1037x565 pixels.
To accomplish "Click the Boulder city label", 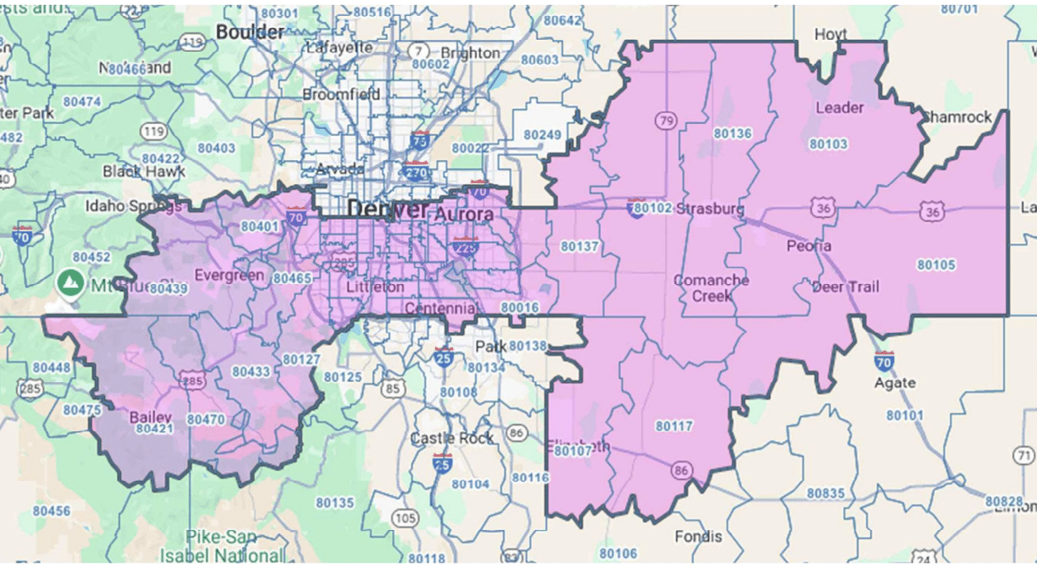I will pos(250,32).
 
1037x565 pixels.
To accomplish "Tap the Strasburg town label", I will pos(710,209).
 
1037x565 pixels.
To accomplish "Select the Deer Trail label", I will pos(845,286).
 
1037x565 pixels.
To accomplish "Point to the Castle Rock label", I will pos(452,438).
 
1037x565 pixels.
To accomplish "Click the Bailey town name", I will pos(150,417).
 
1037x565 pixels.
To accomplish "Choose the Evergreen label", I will pos(229,275).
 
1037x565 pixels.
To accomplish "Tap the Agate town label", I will pos(895,383).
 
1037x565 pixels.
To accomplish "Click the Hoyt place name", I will pos(831,35).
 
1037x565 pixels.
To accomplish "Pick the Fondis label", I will pos(697,536).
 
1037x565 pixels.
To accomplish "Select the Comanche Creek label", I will pos(711,287).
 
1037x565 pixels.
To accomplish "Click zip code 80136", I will pos(732,133).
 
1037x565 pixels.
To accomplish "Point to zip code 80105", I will pos(937,265).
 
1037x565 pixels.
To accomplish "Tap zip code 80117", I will pos(674,426).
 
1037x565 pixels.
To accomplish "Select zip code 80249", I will pos(542,134).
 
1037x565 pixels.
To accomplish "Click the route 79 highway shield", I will pos(666,120).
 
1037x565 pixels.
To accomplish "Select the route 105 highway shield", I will pos(405,518).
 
